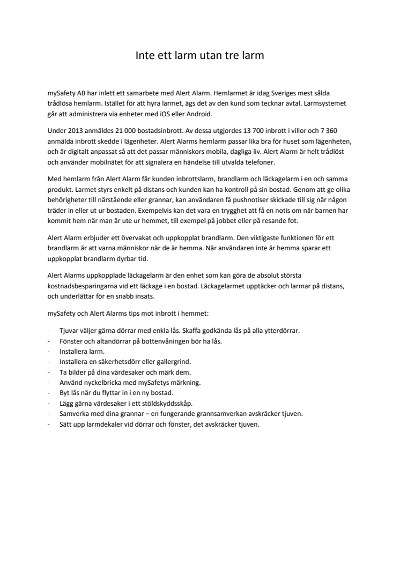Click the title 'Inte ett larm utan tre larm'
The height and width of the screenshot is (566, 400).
tap(199, 55)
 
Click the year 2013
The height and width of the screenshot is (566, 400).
tap(76, 131)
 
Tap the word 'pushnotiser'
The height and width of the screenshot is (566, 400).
tap(239, 199)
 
